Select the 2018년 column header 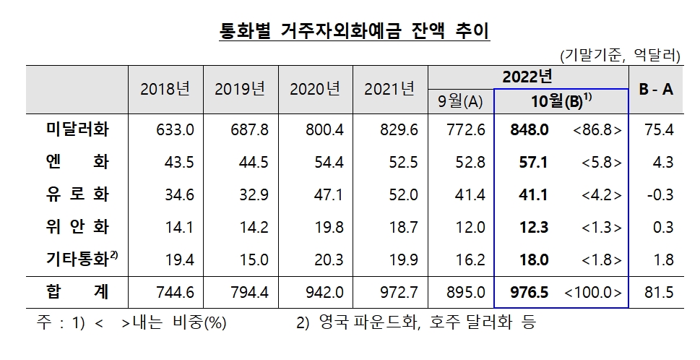click(165, 89)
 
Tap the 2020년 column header click(314, 89)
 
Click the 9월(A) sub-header click(460, 101)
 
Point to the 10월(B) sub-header click(561, 101)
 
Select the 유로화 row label click(77, 194)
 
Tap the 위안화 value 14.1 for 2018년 click(175, 227)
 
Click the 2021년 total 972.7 click(399, 293)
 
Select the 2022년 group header click(527, 76)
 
